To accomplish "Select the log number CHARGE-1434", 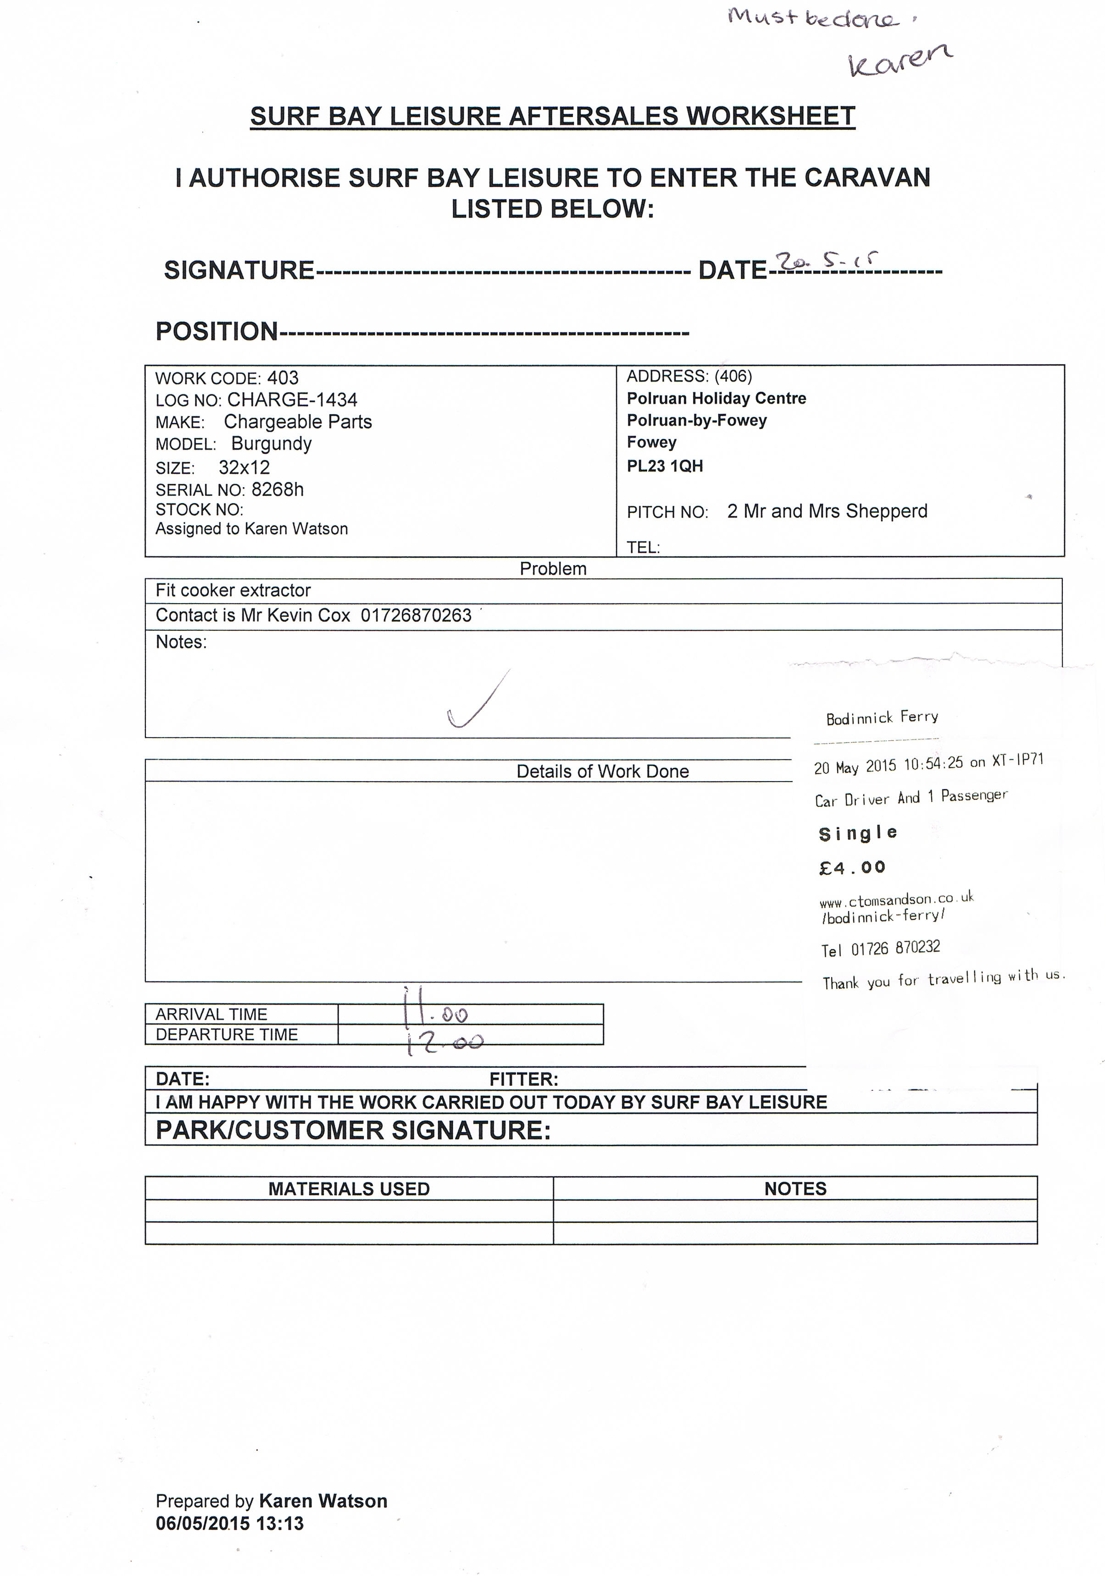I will coord(292,400).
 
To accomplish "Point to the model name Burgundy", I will coord(271,444).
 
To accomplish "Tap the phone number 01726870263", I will coord(416,616).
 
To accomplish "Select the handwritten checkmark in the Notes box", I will coord(478,700).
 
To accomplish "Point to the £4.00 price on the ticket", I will coord(852,868).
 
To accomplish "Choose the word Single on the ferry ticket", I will coord(857,833).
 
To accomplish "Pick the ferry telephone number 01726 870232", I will coord(895,949).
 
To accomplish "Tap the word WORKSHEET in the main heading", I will coord(770,116).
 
